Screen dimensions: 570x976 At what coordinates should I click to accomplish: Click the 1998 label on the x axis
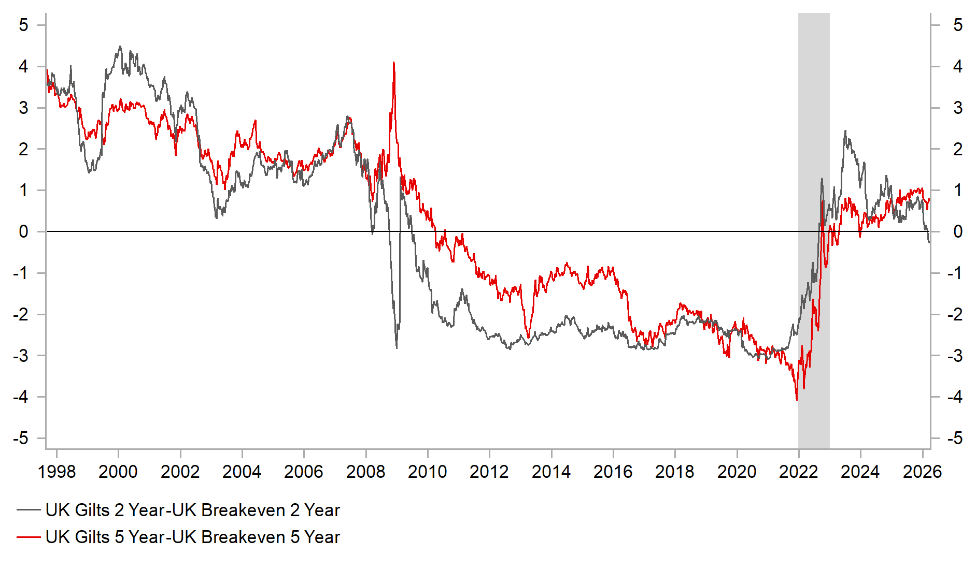(57, 472)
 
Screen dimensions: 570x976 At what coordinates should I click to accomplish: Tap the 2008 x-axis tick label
(366, 472)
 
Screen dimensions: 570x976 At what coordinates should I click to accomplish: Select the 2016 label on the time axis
(613, 472)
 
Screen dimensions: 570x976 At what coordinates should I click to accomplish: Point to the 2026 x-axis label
(922, 472)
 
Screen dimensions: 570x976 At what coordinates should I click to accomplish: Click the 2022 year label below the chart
(798, 472)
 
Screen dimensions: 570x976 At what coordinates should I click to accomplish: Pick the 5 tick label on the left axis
(23, 25)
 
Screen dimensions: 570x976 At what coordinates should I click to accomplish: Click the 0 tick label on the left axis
(23, 231)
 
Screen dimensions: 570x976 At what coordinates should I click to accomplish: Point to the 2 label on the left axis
(23, 149)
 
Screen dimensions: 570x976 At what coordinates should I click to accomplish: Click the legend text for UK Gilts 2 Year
(192, 510)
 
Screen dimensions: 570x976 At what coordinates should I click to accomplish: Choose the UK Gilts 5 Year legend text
(192, 537)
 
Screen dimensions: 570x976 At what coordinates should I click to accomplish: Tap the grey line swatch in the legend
(29, 510)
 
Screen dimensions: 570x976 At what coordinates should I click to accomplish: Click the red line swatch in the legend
(29, 537)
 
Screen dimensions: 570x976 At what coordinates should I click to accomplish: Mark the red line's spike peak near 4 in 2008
(394, 63)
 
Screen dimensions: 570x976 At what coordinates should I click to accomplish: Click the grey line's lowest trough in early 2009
(397, 347)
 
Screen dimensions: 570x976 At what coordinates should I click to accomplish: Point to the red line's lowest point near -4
(796, 400)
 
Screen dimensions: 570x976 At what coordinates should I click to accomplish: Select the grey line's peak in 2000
(120, 47)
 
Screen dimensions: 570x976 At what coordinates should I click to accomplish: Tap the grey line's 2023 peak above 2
(845, 131)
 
